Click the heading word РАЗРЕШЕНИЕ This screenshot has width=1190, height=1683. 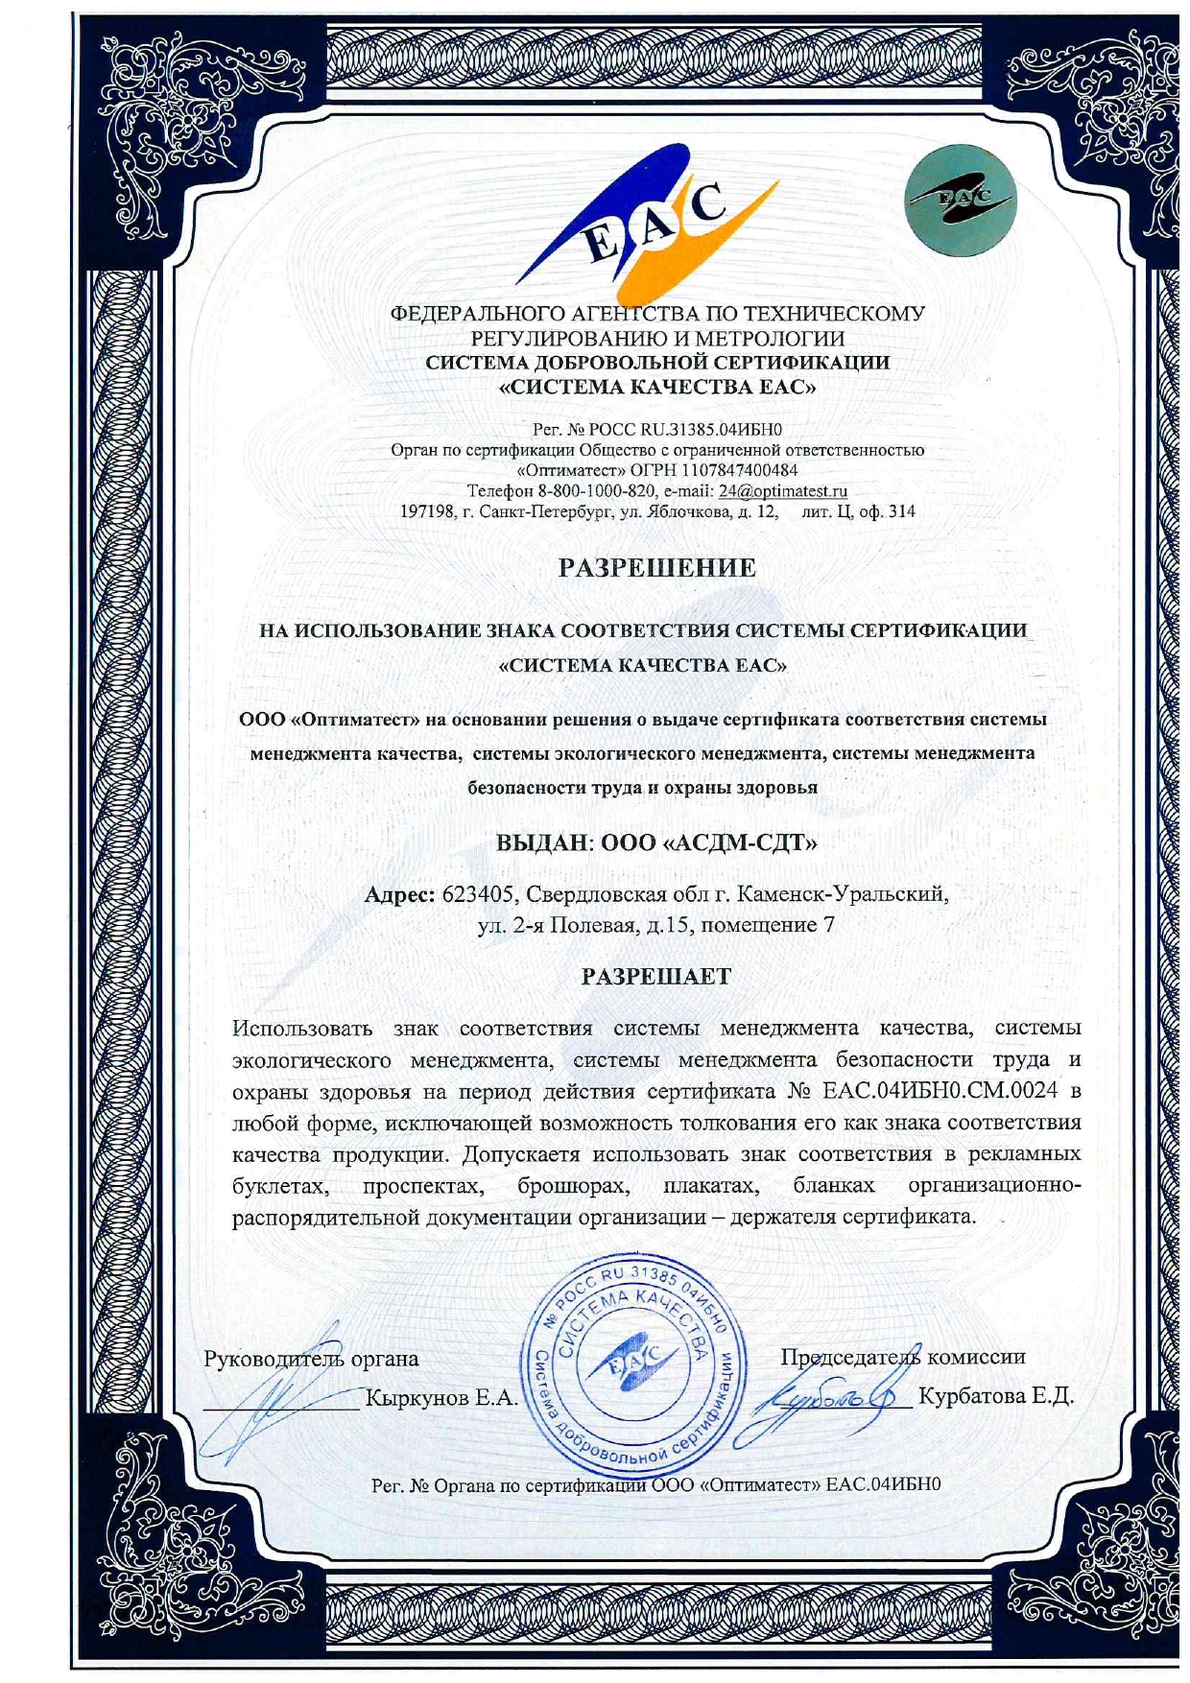[657, 568]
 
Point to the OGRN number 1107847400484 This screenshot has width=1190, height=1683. [740, 470]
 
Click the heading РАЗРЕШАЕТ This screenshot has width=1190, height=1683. [656, 977]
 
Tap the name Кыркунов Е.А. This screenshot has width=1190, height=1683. [442, 1398]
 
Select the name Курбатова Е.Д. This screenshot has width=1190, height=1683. [996, 1395]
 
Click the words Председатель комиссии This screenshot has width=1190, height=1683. [903, 1357]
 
